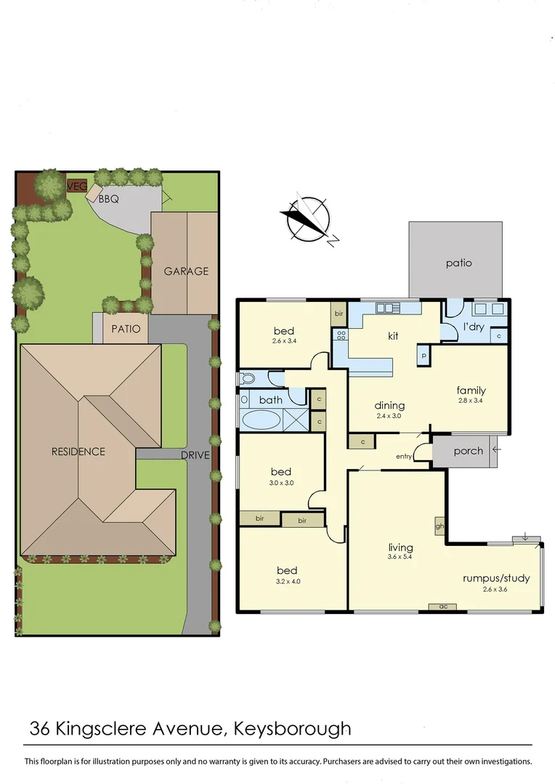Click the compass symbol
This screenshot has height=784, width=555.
309,219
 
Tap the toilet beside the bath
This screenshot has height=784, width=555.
248,378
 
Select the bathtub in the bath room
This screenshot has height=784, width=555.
260,420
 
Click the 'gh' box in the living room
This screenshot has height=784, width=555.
439,526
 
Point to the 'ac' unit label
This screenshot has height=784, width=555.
442,605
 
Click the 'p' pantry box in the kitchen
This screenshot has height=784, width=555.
424,356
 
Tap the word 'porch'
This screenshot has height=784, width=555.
468,451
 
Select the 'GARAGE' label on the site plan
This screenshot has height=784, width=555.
186,271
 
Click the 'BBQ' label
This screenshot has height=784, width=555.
108,197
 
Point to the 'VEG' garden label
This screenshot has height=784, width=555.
76,187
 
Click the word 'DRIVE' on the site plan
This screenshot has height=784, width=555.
195,455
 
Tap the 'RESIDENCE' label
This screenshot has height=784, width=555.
78,452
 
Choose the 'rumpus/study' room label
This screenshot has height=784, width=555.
496,579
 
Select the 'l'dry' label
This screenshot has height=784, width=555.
474,327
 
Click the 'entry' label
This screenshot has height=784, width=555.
404,457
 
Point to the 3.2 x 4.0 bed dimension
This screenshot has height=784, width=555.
287,581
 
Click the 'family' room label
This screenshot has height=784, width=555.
471,391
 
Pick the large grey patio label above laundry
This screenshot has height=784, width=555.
458,263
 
